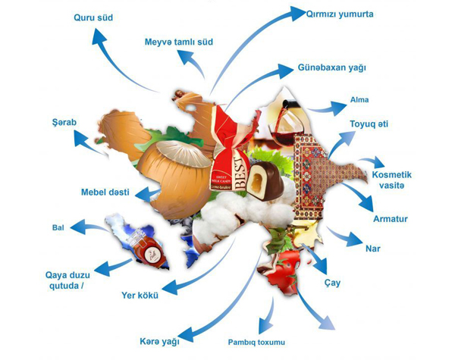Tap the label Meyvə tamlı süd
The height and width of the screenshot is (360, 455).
point(178,41)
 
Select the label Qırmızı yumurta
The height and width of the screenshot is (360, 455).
point(340,14)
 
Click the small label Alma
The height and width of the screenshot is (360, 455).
point(359,100)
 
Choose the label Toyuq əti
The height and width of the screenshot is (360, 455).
point(369,124)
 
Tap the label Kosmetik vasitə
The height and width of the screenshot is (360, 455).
point(397,180)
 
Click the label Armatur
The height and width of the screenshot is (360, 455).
point(391,219)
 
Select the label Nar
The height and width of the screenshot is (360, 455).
point(372,249)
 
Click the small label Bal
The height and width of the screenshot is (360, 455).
point(58,227)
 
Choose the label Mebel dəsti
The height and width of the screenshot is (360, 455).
point(107,191)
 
